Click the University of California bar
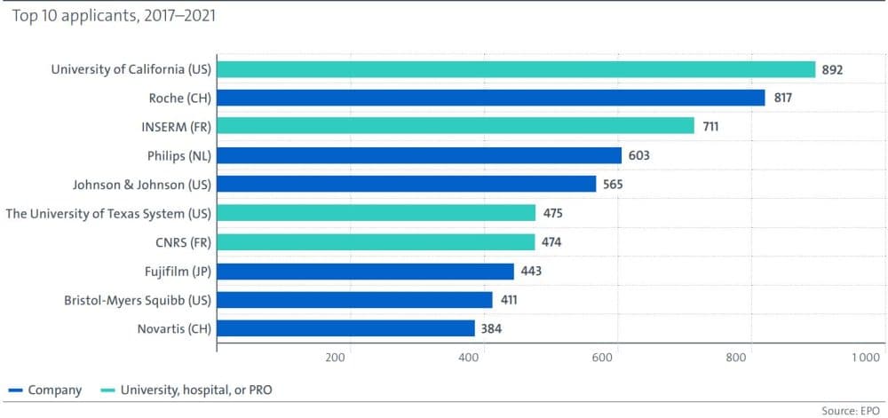pos(515,69)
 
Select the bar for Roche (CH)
pos(490,98)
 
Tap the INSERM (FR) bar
pos(455,126)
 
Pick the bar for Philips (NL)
pos(418,155)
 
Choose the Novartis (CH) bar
pos(345,328)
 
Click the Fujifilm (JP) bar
pos(365,271)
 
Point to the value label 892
pos(832,69)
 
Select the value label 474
pos(554,242)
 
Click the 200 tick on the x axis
pos(335,358)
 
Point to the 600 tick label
pos(602,358)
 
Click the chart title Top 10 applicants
pos(114,16)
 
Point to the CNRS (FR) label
pos(183,242)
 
